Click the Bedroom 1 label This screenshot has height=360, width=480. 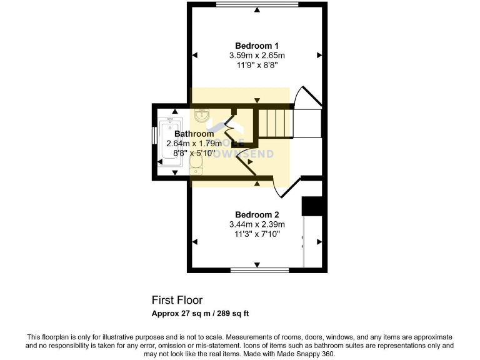tap(257, 46)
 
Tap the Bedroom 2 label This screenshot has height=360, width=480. tap(257, 214)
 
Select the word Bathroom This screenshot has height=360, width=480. tap(194, 134)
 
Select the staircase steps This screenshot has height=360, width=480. tap(276, 122)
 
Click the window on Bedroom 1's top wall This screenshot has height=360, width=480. tap(257, 4)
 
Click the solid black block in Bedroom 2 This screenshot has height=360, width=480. tap(311, 206)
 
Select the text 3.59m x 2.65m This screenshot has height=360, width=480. tap(257, 56)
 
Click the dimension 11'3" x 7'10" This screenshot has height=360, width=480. tap(257, 234)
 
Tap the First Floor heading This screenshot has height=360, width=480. tap(177, 300)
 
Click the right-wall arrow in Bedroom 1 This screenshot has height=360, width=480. tap(319, 56)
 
